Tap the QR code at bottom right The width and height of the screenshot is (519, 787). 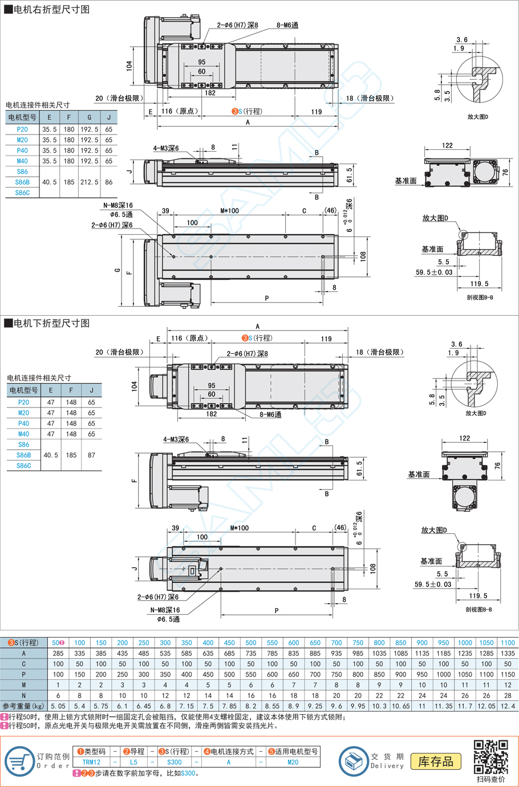490,757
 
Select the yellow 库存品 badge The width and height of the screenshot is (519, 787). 436,761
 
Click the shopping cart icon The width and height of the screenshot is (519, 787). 19,761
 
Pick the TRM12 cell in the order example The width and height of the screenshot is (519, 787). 91,762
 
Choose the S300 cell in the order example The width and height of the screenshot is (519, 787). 174,762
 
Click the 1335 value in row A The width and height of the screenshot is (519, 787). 508,653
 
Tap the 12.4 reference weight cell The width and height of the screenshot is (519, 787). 508,706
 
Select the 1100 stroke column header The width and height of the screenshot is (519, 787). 508,642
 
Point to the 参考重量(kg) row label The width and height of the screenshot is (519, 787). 23,706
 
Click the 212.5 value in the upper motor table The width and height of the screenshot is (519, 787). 89,182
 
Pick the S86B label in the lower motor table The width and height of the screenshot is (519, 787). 23,455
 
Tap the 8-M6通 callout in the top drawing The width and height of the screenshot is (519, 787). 287,25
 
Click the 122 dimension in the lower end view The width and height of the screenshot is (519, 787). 464,438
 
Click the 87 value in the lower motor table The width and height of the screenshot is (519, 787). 92,455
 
